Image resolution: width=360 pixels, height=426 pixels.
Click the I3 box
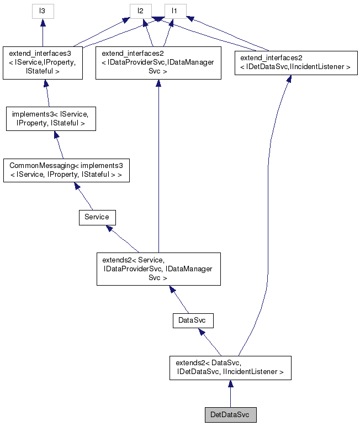pos(43,10)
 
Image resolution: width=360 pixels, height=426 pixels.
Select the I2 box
pos(141,10)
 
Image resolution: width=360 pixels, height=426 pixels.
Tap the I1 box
pos(174,10)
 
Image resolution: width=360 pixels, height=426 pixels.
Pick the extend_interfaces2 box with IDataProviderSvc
pos(158,63)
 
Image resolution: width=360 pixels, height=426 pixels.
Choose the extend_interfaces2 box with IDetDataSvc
pos(294,62)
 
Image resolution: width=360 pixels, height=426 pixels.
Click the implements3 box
pos(51,119)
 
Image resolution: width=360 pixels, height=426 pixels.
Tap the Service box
pos(97,217)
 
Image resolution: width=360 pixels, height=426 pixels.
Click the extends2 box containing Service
pos(158,269)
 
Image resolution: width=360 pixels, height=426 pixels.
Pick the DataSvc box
pos(192,320)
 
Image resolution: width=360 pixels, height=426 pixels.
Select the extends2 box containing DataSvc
pos(230,367)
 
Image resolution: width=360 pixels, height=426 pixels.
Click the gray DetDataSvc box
pos(230,414)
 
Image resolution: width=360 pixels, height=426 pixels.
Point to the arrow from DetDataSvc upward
pos(230,393)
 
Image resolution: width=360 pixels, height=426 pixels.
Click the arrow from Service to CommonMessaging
pos(85,198)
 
